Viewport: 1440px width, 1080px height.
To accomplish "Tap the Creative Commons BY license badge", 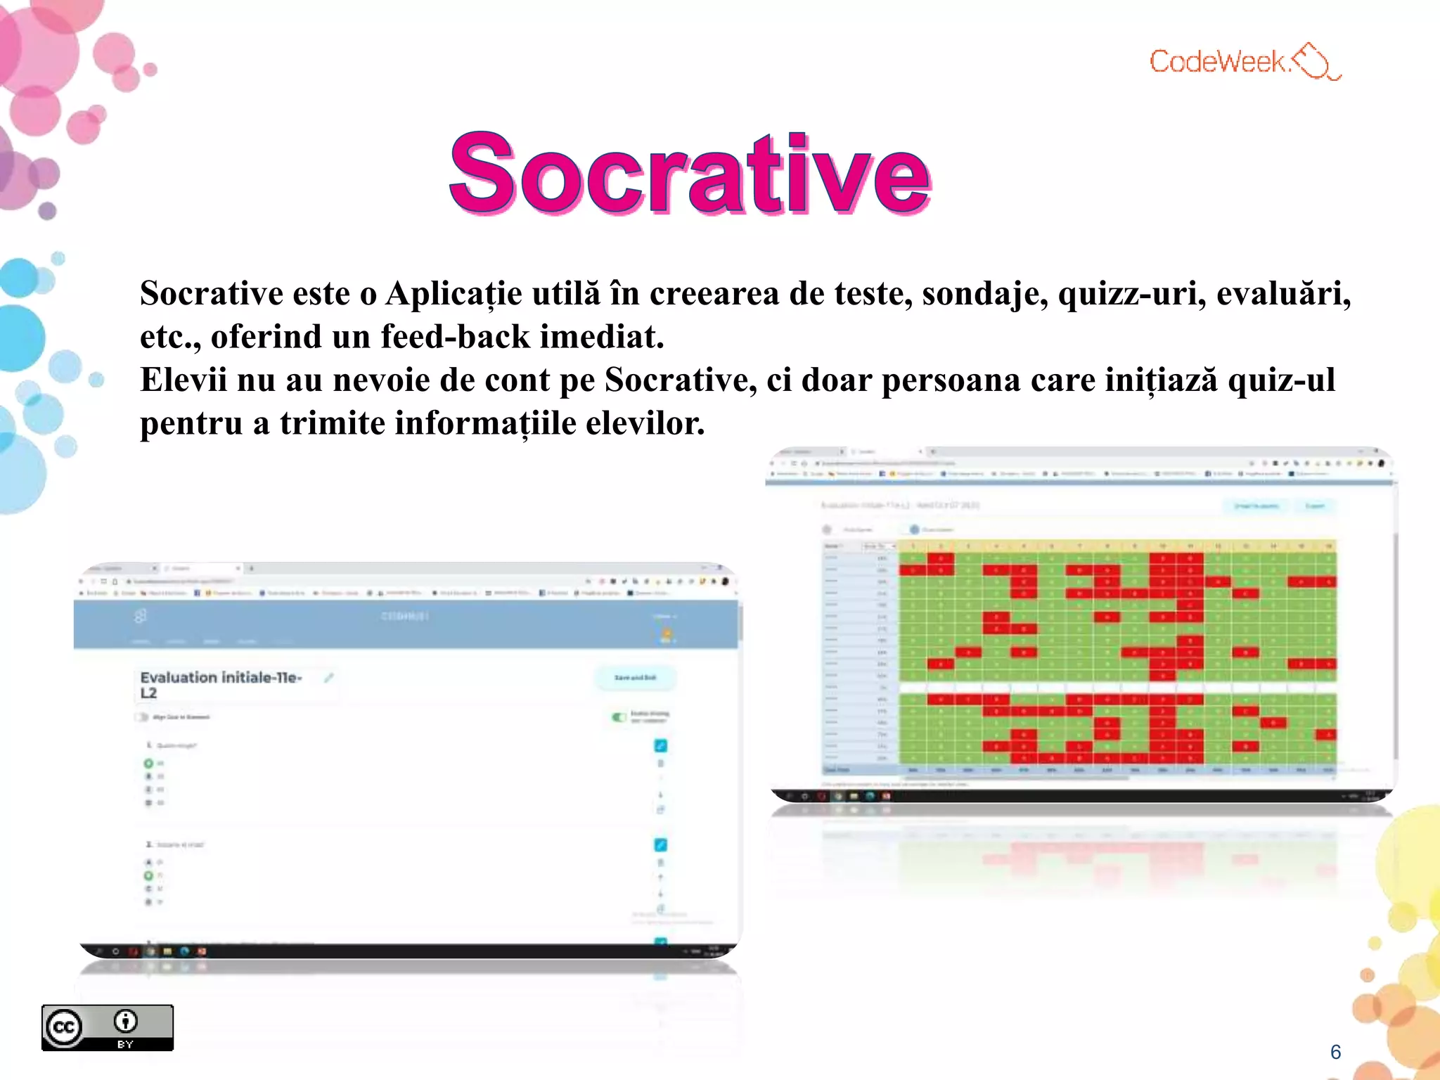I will pyautogui.click(x=107, y=1027).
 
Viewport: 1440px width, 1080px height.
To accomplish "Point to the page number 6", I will pyautogui.click(x=1335, y=1052).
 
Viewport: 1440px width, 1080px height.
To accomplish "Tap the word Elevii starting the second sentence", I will pyautogui.click(x=183, y=380).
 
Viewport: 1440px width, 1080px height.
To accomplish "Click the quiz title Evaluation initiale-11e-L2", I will pyautogui.click(x=221, y=685).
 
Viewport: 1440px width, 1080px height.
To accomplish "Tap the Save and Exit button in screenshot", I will pyautogui.click(x=635, y=678).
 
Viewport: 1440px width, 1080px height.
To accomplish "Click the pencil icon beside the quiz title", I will pyautogui.click(x=328, y=678).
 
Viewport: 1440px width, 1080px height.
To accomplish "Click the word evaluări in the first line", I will pyautogui.click(x=1283, y=294).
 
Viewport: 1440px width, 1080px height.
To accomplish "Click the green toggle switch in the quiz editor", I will pyautogui.click(x=619, y=717).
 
